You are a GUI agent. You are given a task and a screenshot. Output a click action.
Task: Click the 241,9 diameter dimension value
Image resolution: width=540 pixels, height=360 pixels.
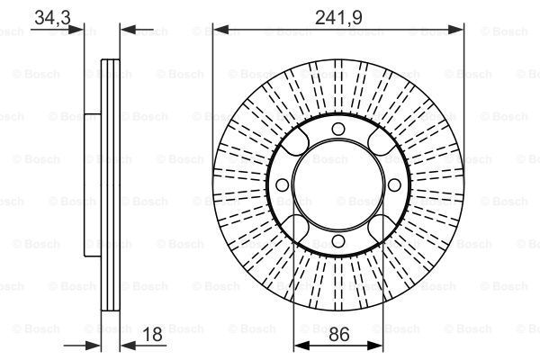pos(338,17)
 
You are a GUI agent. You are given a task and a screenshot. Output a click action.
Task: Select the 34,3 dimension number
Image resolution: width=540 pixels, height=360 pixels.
pos(53,17)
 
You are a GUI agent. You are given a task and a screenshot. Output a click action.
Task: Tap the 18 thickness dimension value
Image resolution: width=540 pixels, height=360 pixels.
pos(152,334)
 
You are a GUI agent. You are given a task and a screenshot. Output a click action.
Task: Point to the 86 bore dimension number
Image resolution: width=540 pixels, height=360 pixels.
pos(339,334)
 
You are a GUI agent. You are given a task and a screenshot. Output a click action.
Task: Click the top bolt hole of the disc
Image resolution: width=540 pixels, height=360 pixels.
pos(338,130)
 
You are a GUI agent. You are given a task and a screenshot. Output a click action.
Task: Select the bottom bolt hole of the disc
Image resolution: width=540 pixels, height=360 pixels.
pos(338,241)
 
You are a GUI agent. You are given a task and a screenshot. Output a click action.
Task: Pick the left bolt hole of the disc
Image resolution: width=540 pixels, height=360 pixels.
pos(283,185)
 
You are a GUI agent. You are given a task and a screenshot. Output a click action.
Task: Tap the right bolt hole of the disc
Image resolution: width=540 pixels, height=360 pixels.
pos(394,185)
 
